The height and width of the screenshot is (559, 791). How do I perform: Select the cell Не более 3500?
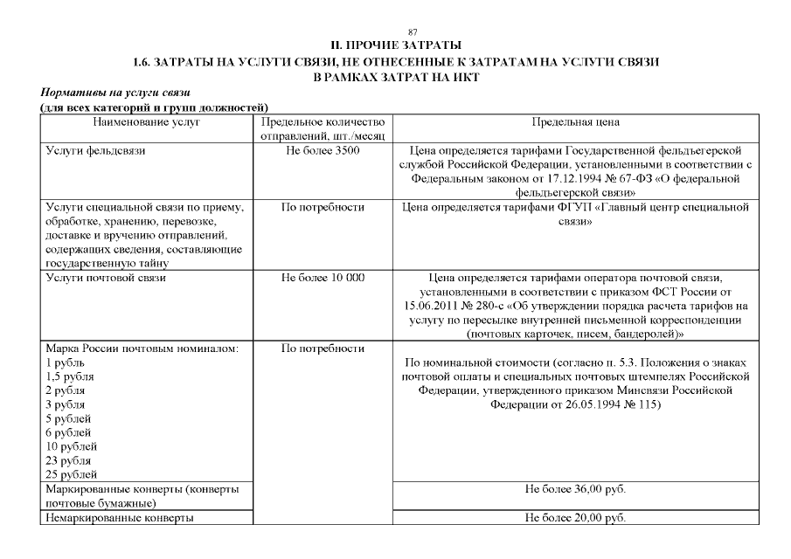(323, 150)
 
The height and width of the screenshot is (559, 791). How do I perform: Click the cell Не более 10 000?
(323, 278)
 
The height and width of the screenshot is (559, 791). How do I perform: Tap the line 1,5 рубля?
(70, 376)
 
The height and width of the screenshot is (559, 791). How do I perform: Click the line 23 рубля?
(69, 460)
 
